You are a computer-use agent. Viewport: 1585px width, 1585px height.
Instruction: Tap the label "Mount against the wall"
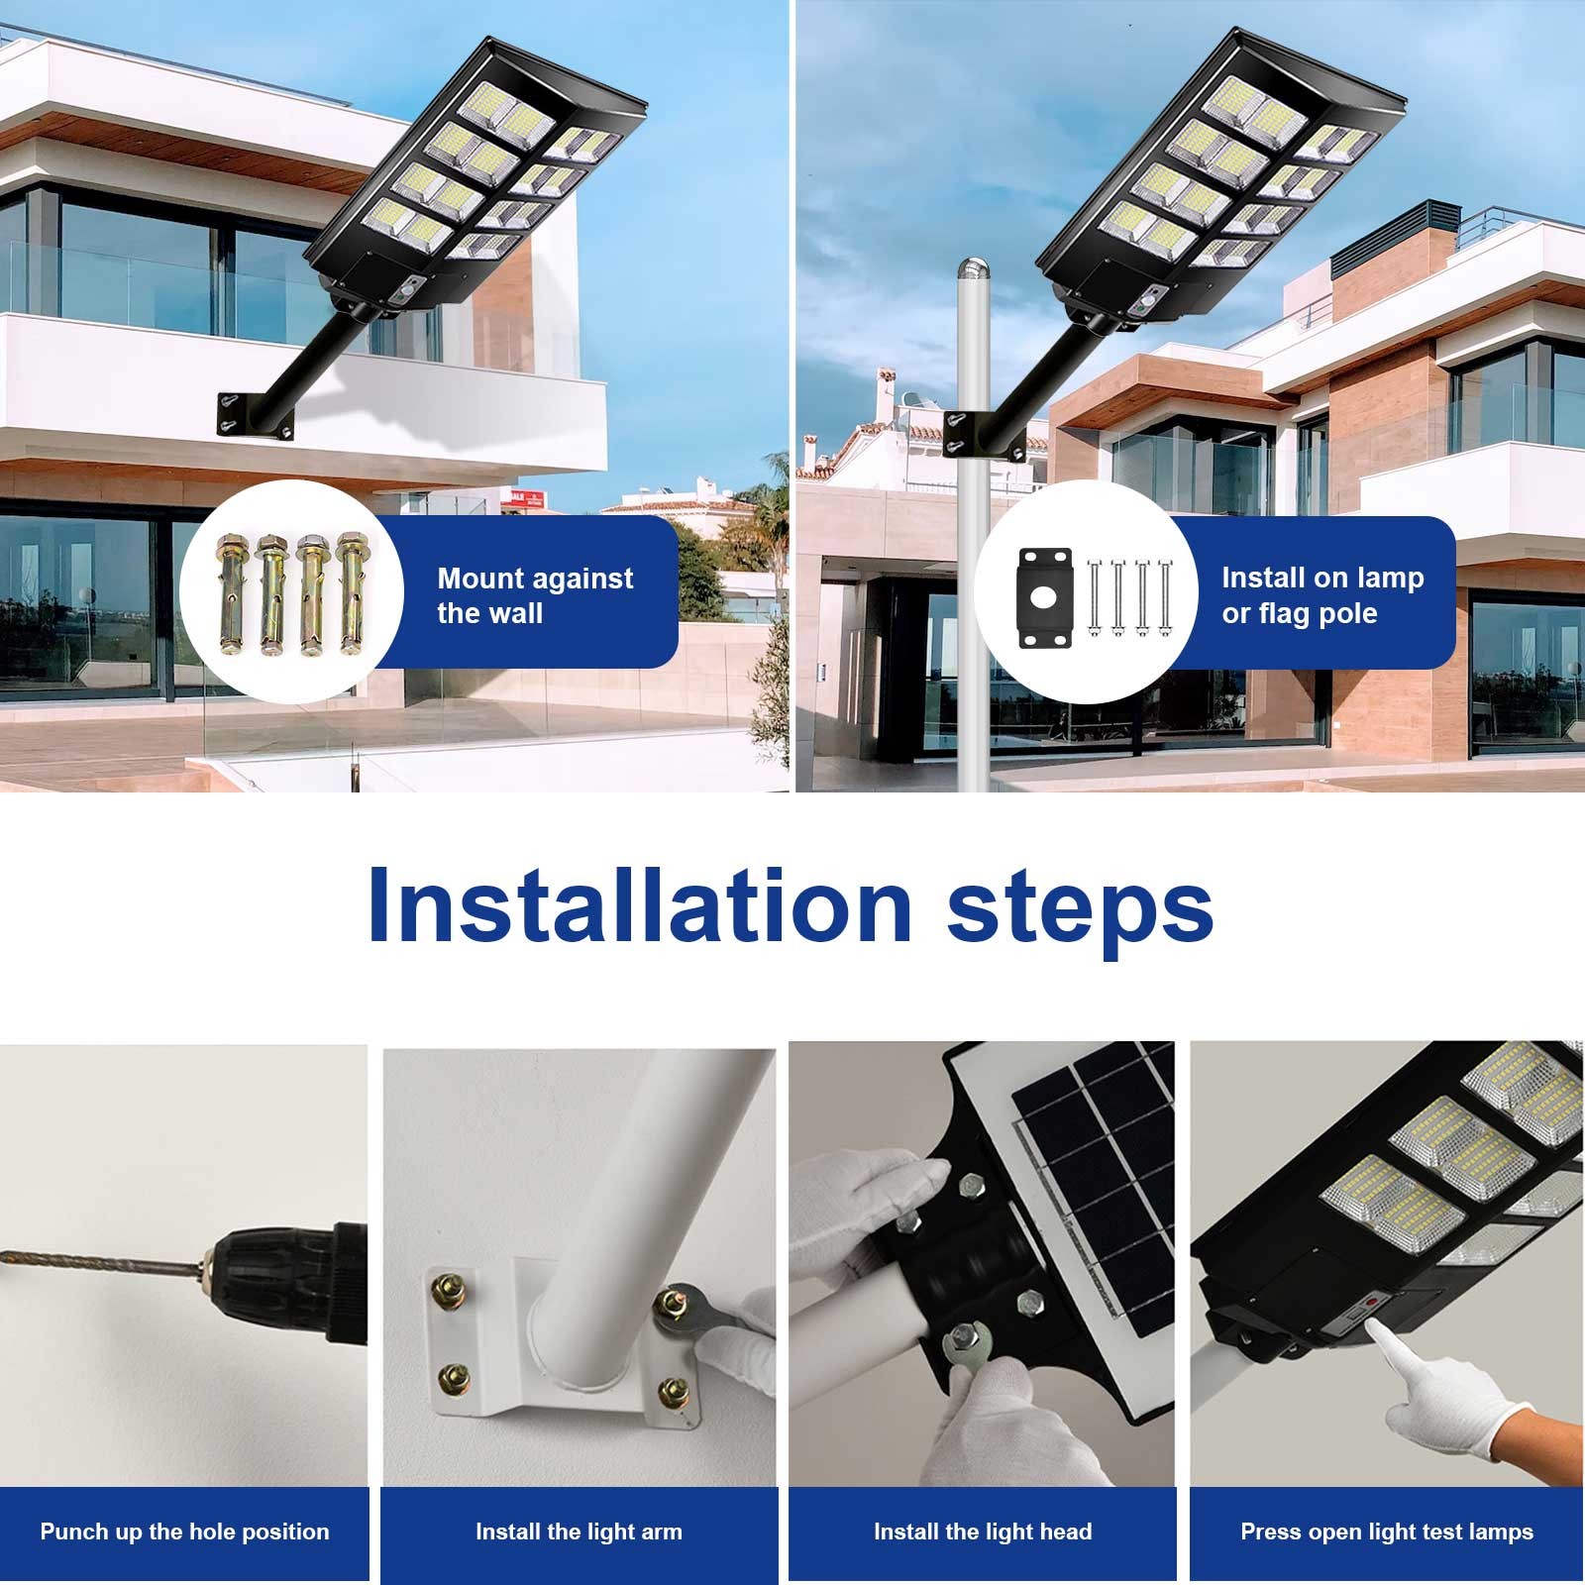[535, 595]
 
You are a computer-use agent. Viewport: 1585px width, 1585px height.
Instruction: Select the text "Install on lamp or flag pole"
[1321, 595]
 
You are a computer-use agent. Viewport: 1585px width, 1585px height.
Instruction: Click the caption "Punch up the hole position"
[184, 1532]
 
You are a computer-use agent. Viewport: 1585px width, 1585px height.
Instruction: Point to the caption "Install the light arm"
[579, 1532]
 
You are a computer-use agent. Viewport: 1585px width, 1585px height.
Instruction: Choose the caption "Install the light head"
[983, 1532]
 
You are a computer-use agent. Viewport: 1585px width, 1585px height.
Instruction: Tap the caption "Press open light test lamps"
[1387, 1532]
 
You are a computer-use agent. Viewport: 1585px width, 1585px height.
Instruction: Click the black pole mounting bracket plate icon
[1044, 598]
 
